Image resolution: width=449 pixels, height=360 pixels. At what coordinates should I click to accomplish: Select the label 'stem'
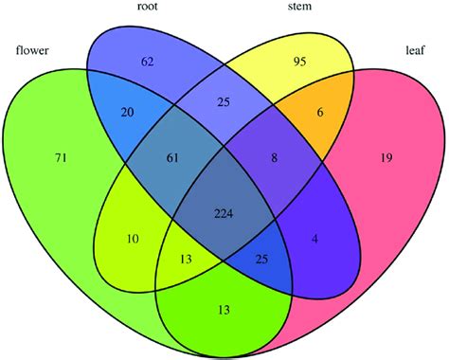click(x=302, y=9)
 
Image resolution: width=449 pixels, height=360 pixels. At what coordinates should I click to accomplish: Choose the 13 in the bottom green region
click(x=224, y=307)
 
